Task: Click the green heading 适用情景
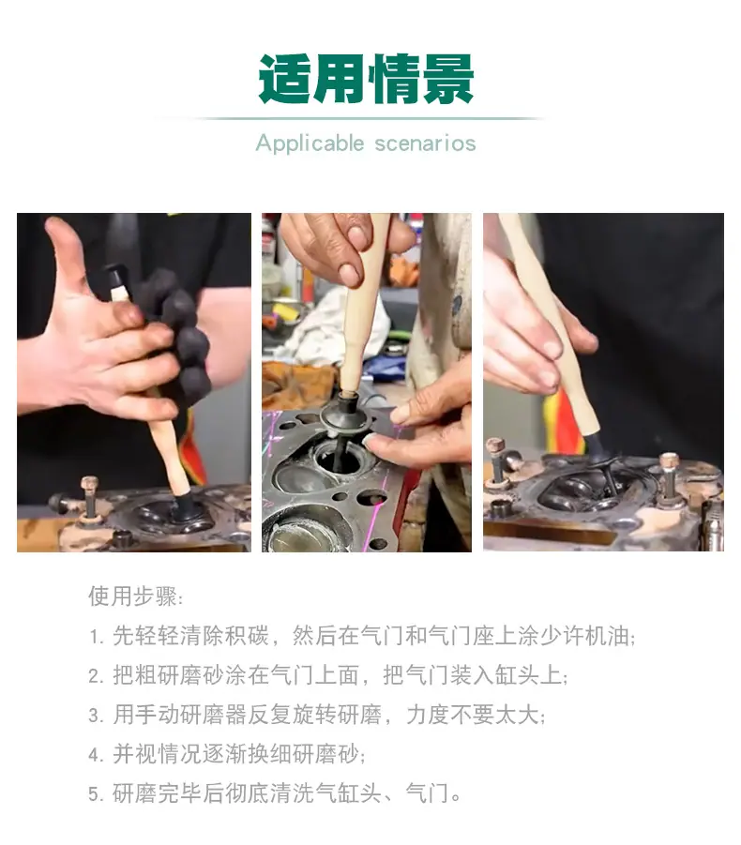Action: (366, 79)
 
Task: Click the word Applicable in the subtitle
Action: (310, 143)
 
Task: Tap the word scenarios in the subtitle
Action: (425, 143)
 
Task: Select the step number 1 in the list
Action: (96, 637)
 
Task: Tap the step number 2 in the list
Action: (96, 676)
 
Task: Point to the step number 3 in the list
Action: (96, 716)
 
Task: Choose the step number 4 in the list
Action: (96, 755)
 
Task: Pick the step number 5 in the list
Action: (96, 794)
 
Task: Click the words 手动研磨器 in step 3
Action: (191, 716)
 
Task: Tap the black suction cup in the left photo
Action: (187, 507)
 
